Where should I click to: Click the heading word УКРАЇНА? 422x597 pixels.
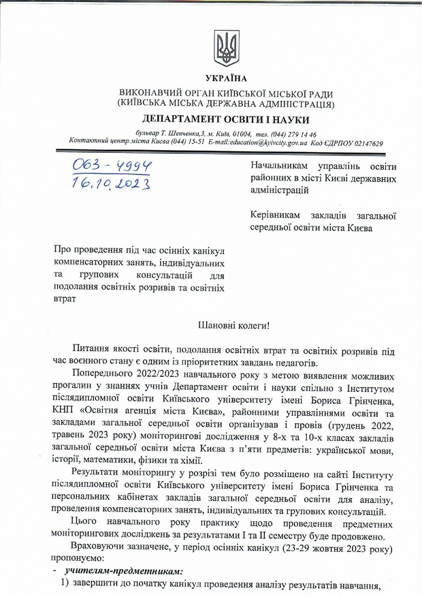pos(224,78)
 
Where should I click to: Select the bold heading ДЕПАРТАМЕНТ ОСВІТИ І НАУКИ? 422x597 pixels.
pos(225,119)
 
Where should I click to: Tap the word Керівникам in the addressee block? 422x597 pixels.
pos(276,215)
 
